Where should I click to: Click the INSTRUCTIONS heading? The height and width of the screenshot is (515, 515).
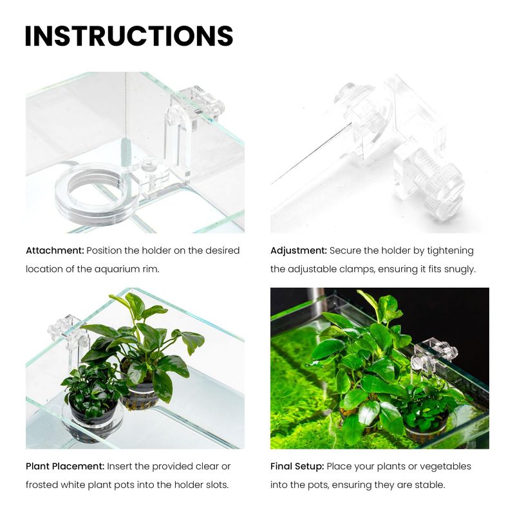[129, 36]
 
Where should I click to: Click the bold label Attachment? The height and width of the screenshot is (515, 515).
[55, 250]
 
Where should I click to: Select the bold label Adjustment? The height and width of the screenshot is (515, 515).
[299, 251]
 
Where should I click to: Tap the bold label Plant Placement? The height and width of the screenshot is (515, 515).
[65, 466]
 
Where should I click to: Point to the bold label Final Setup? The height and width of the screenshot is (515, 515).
[297, 466]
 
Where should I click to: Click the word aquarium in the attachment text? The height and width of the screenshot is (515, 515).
[117, 269]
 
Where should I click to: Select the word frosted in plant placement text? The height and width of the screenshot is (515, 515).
[41, 485]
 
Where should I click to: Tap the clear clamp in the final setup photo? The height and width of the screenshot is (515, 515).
[433, 357]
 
